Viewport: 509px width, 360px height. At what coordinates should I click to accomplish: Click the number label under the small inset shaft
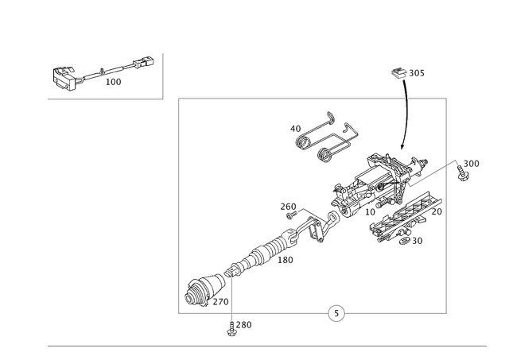pyautogui.click(x=114, y=81)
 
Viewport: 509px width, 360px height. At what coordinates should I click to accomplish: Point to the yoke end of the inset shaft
pyautogui.click(x=144, y=60)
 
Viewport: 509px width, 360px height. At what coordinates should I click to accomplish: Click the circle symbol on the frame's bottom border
pyautogui.click(x=336, y=312)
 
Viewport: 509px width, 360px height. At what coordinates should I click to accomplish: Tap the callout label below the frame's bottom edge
pyautogui.click(x=245, y=324)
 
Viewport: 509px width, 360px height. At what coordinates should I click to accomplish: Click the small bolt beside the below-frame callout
pyautogui.click(x=231, y=332)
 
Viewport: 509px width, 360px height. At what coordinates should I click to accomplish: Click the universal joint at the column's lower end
pyautogui.click(x=205, y=289)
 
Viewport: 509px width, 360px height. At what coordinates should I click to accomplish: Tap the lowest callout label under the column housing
pyautogui.click(x=416, y=239)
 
